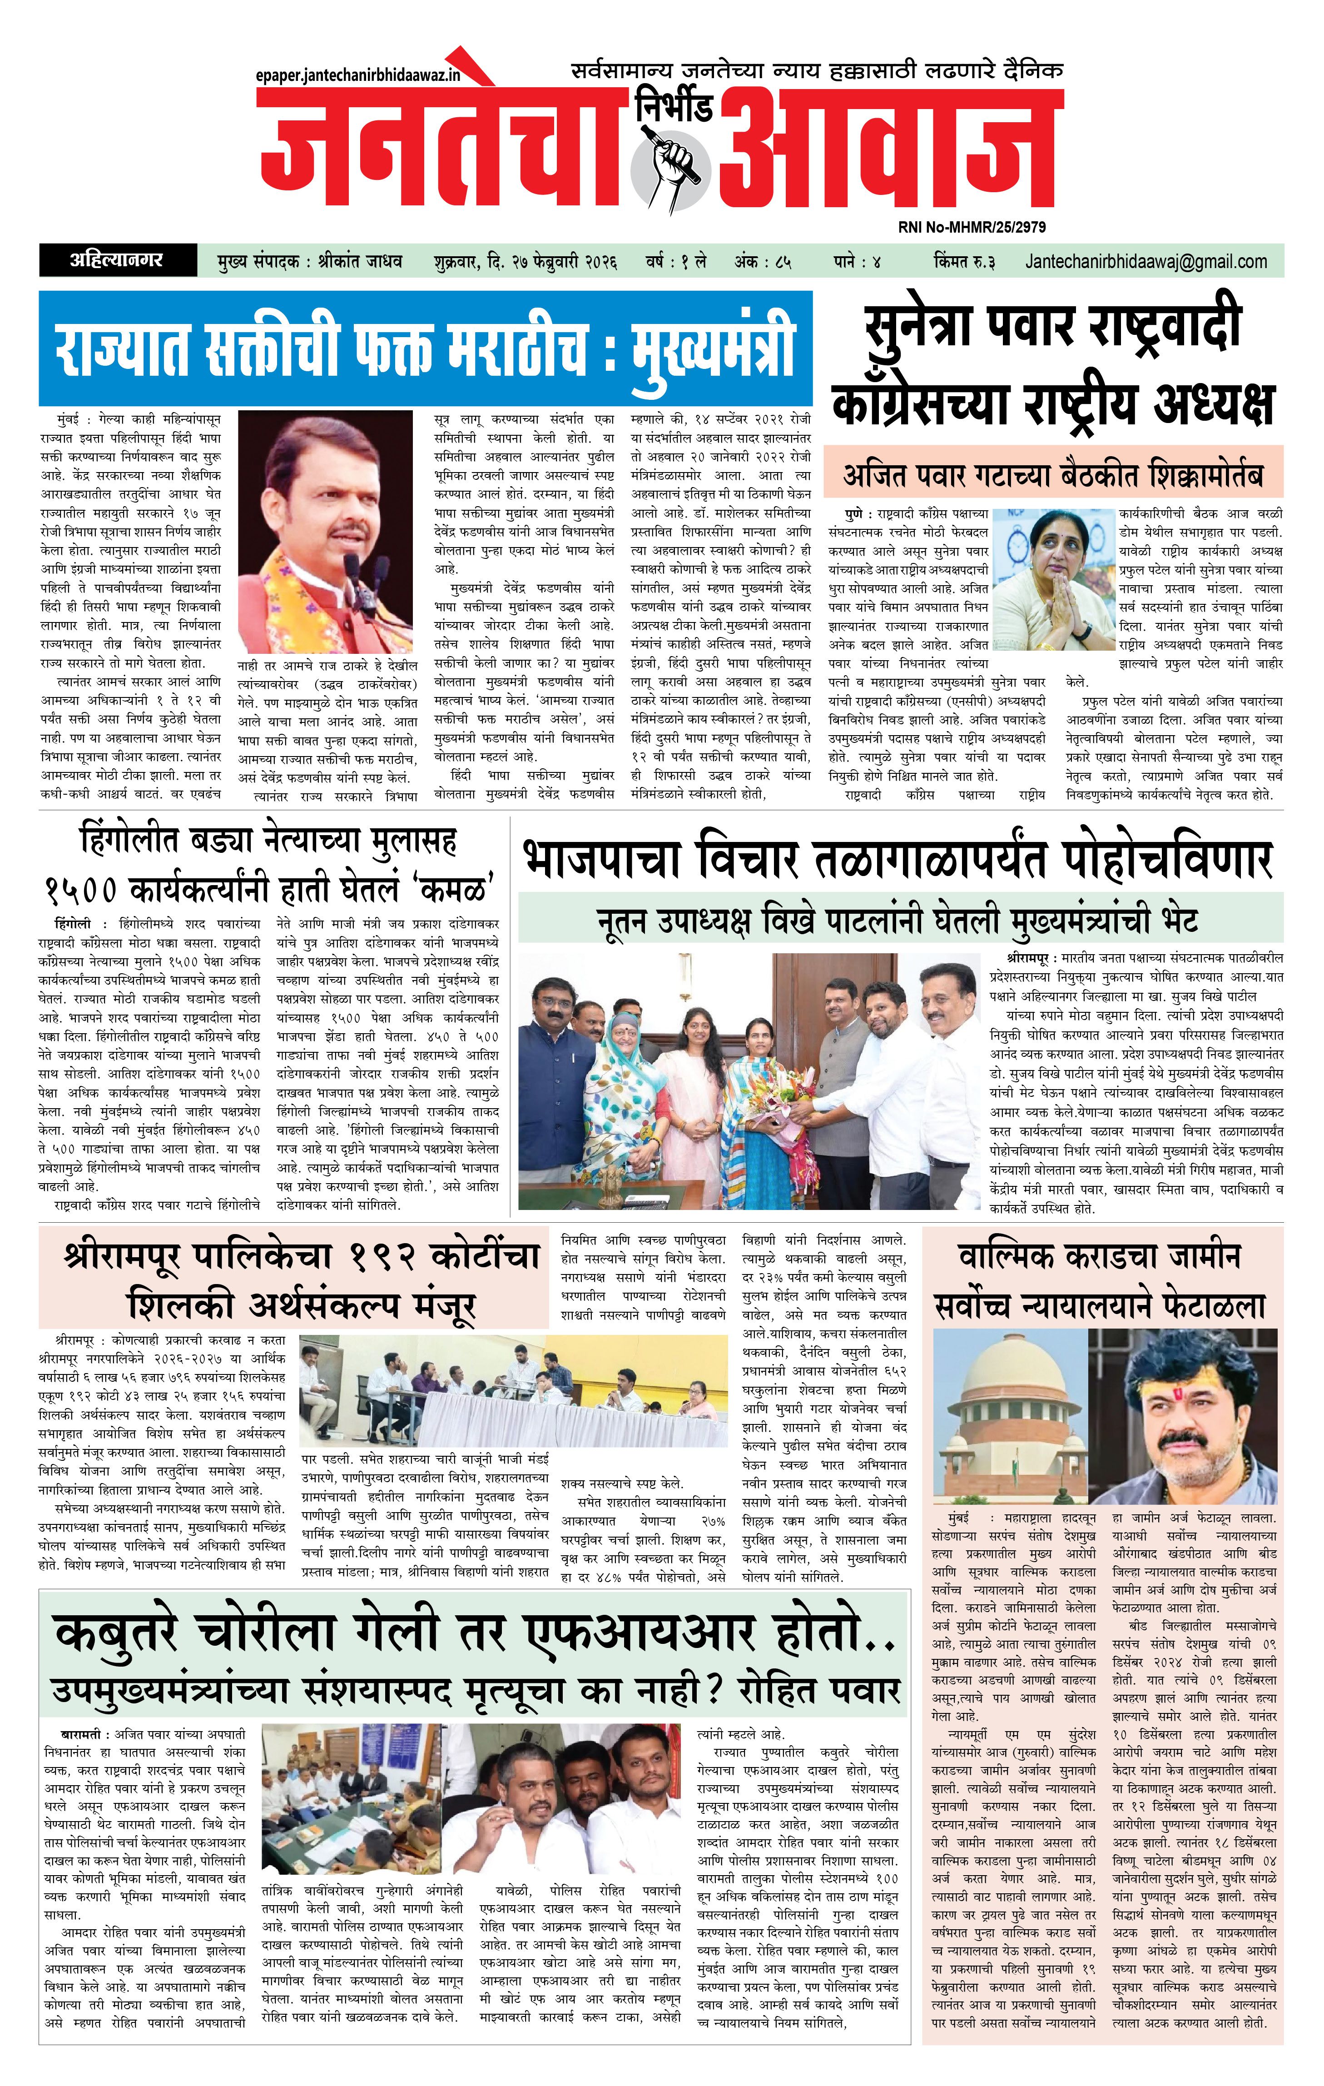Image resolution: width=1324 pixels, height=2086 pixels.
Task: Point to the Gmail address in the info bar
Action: [1145, 261]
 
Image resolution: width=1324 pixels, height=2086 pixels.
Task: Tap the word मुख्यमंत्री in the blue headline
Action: [712, 348]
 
